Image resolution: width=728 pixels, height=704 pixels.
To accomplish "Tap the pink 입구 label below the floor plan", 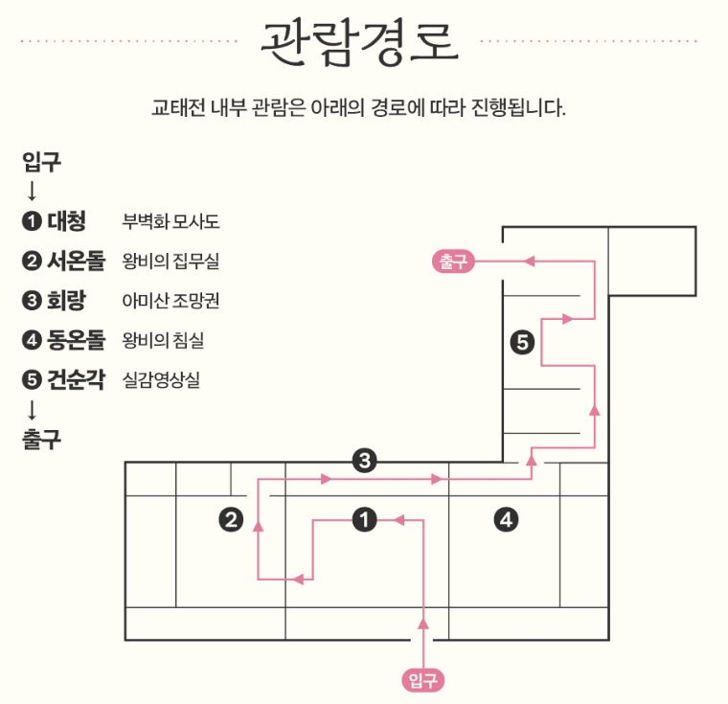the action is tap(423, 680).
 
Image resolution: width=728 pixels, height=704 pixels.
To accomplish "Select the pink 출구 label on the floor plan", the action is tap(454, 261).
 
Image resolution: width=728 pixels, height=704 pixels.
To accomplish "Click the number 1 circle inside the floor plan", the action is tap(364, 520).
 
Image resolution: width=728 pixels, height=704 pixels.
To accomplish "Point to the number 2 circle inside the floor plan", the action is tap(231, 520).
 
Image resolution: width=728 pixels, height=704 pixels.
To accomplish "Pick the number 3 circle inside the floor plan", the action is tap(363, 461).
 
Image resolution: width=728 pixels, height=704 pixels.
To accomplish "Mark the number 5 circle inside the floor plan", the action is tap(522, 342).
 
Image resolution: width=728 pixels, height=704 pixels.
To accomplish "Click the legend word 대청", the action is tap(66, 221).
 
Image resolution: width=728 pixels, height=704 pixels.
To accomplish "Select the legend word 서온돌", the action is tap(76, 261).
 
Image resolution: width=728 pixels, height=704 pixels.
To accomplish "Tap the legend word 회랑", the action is tap(66, 300).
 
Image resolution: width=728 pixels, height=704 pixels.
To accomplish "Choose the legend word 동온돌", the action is tap(76, 339).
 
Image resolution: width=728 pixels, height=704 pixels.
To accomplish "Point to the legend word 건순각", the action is tap(76, 378).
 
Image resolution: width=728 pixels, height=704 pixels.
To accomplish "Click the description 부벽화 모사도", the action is tap(171, 222).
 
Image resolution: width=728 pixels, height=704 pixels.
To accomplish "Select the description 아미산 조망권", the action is tap(171, 301).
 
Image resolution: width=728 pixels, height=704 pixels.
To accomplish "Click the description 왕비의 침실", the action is tap(163, 340).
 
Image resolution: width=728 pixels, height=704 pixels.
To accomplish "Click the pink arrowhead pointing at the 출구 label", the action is tap(526, 261).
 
